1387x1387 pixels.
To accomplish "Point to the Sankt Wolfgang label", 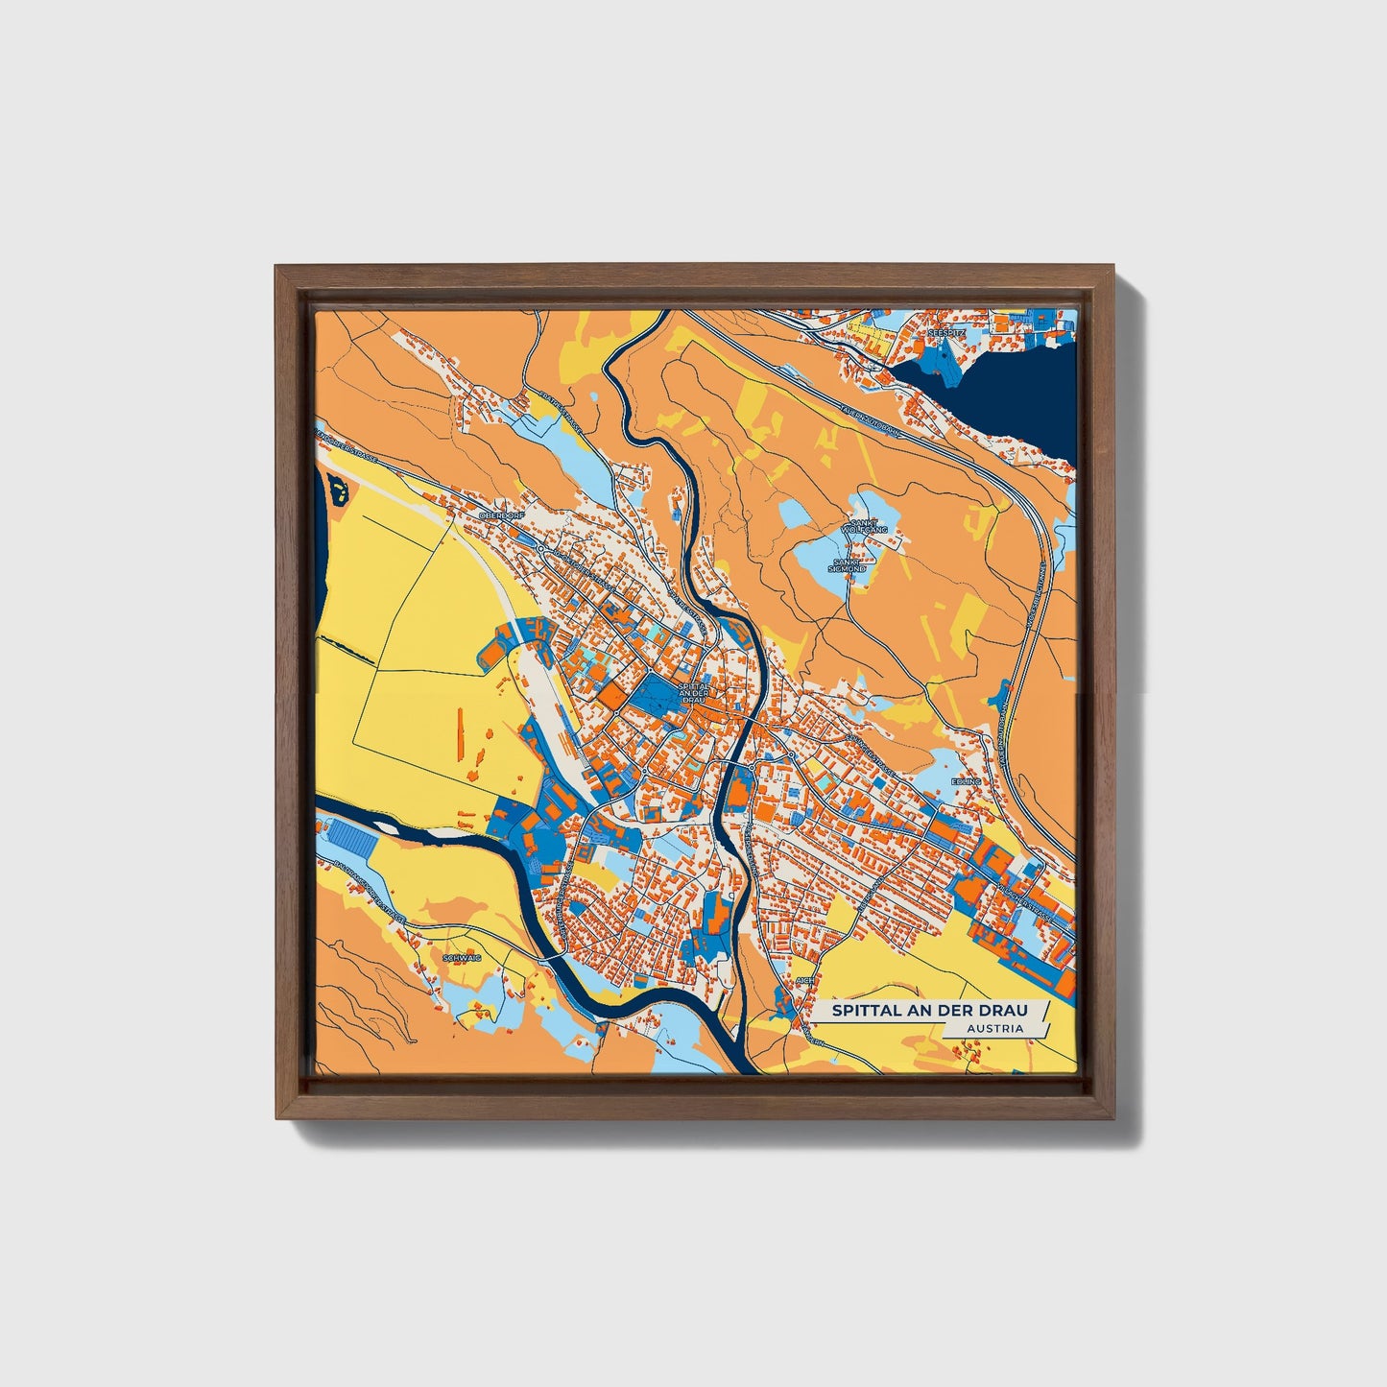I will tap(857, 526).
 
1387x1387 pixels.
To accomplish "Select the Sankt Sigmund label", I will tap(849, 565).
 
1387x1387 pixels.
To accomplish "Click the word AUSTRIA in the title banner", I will tap(994, 1029).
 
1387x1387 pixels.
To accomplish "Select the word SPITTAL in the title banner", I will tap(862, 1011).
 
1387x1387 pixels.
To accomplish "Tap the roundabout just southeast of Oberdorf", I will tap(541, 549).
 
